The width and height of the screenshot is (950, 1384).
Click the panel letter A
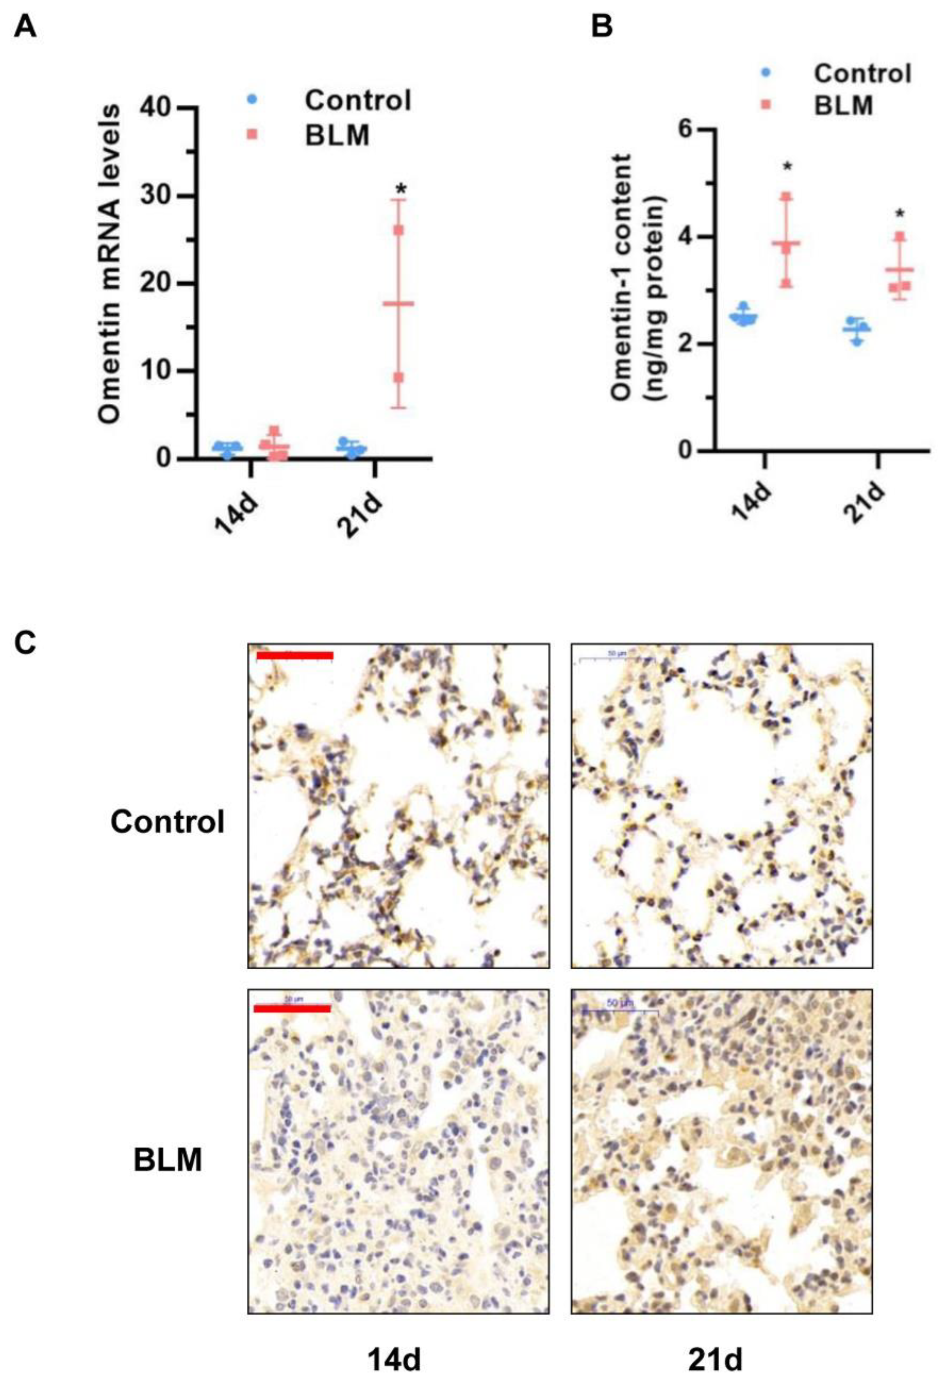pos(25,27)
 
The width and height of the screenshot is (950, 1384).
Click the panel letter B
pos(602,27)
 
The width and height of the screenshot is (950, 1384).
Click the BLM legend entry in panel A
pos(337,136)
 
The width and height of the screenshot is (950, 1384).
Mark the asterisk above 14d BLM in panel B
pos(787,167)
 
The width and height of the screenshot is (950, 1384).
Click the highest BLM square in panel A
pos(399,230)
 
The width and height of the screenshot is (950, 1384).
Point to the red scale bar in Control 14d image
pos(294,655)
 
